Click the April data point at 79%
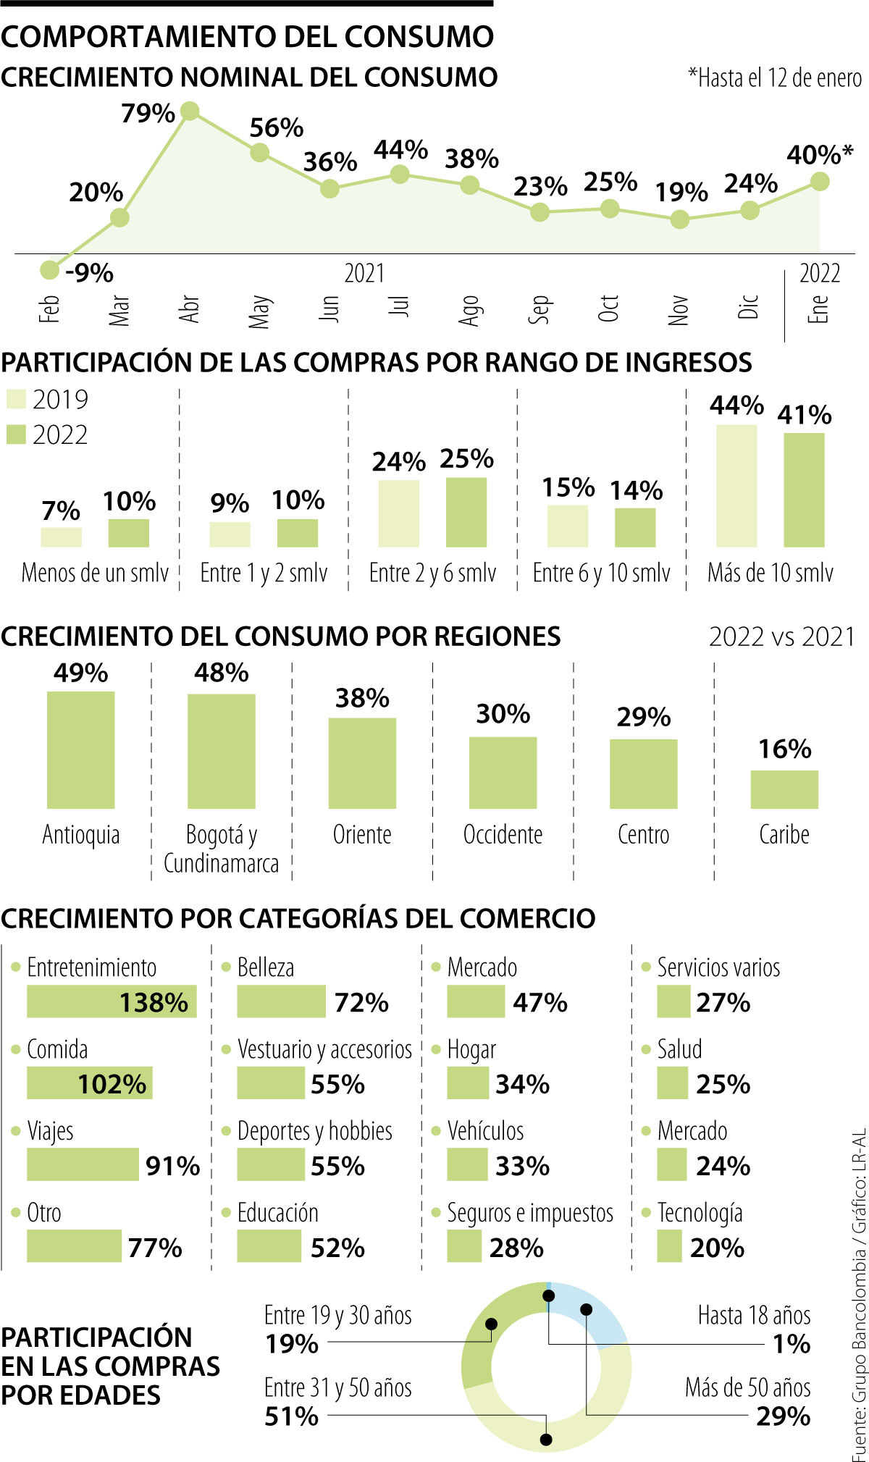(x=190, y=111)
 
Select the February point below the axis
(x=49, y=270)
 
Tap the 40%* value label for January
(x=820, y=154)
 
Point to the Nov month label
(x=679, y=310)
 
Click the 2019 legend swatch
(x=16, y=399)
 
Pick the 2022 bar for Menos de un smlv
(x=128, y=533)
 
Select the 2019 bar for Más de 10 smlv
(x=736, y=485)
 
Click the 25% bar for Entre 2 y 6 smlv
(x=466, y=512)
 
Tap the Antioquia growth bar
(x=80, y=749)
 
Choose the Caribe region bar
(x=784, y=789)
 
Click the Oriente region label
(x=362, y=834)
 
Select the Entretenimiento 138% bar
(x=112, y=1002)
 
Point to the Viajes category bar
(x=83, y=1165)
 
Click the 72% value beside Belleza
(x=361, y=1003)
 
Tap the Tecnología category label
(x=700, y=1212)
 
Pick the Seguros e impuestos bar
(x=464, y=1247)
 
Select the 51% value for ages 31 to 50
(x=291, y=1415)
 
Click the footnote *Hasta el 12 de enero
(x=774, y=77)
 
